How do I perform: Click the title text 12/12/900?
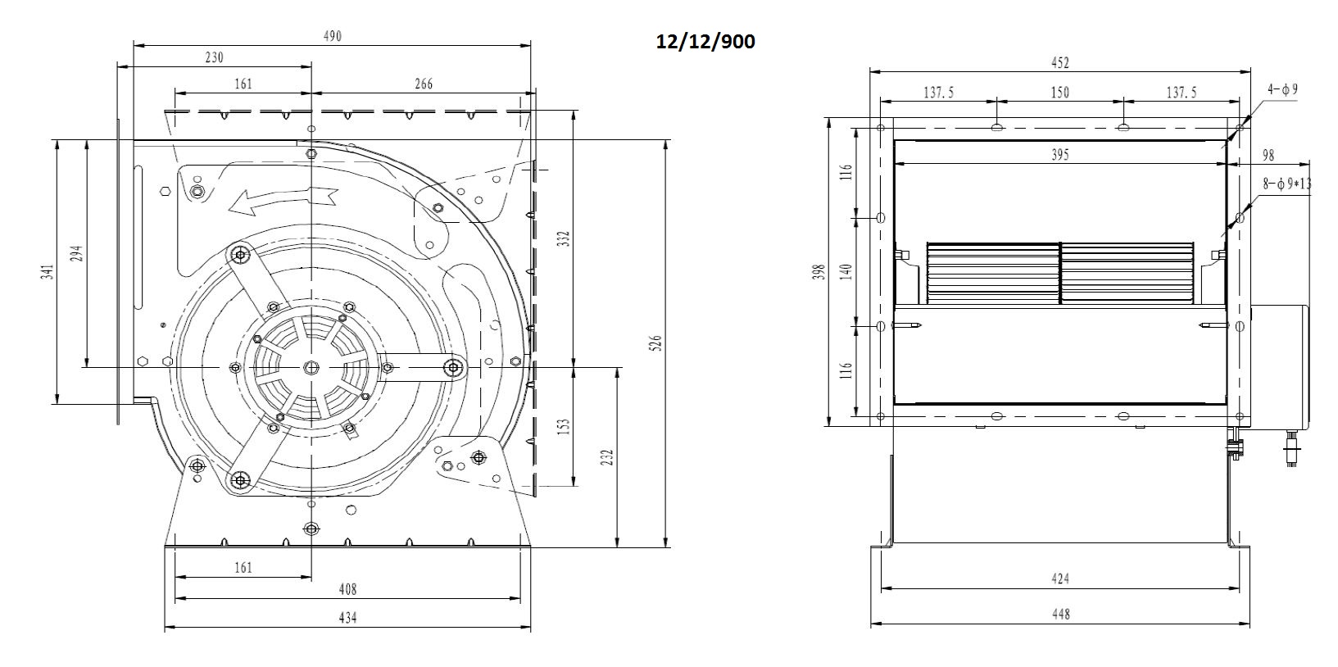[x=705, y=41]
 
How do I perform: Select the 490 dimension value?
[x=331, y=36]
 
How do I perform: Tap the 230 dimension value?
[x=213, y=57]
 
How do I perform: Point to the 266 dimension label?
[x=423, y=84]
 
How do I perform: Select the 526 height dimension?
[x=655, y=343]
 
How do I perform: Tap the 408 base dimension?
[x=347, y=589]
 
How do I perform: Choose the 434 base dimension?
[x=347, y=618]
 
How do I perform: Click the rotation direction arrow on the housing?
[x=283, y=198]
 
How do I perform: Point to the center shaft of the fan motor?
[x=311, y=367]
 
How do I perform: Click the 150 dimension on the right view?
[x=1059, y=93]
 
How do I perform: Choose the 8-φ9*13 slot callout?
[x=1286, y=184]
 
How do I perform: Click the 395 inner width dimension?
[x=1059, y=155]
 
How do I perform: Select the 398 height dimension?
[x=817, y=272]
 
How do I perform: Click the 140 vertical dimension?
[x=846, y=271]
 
